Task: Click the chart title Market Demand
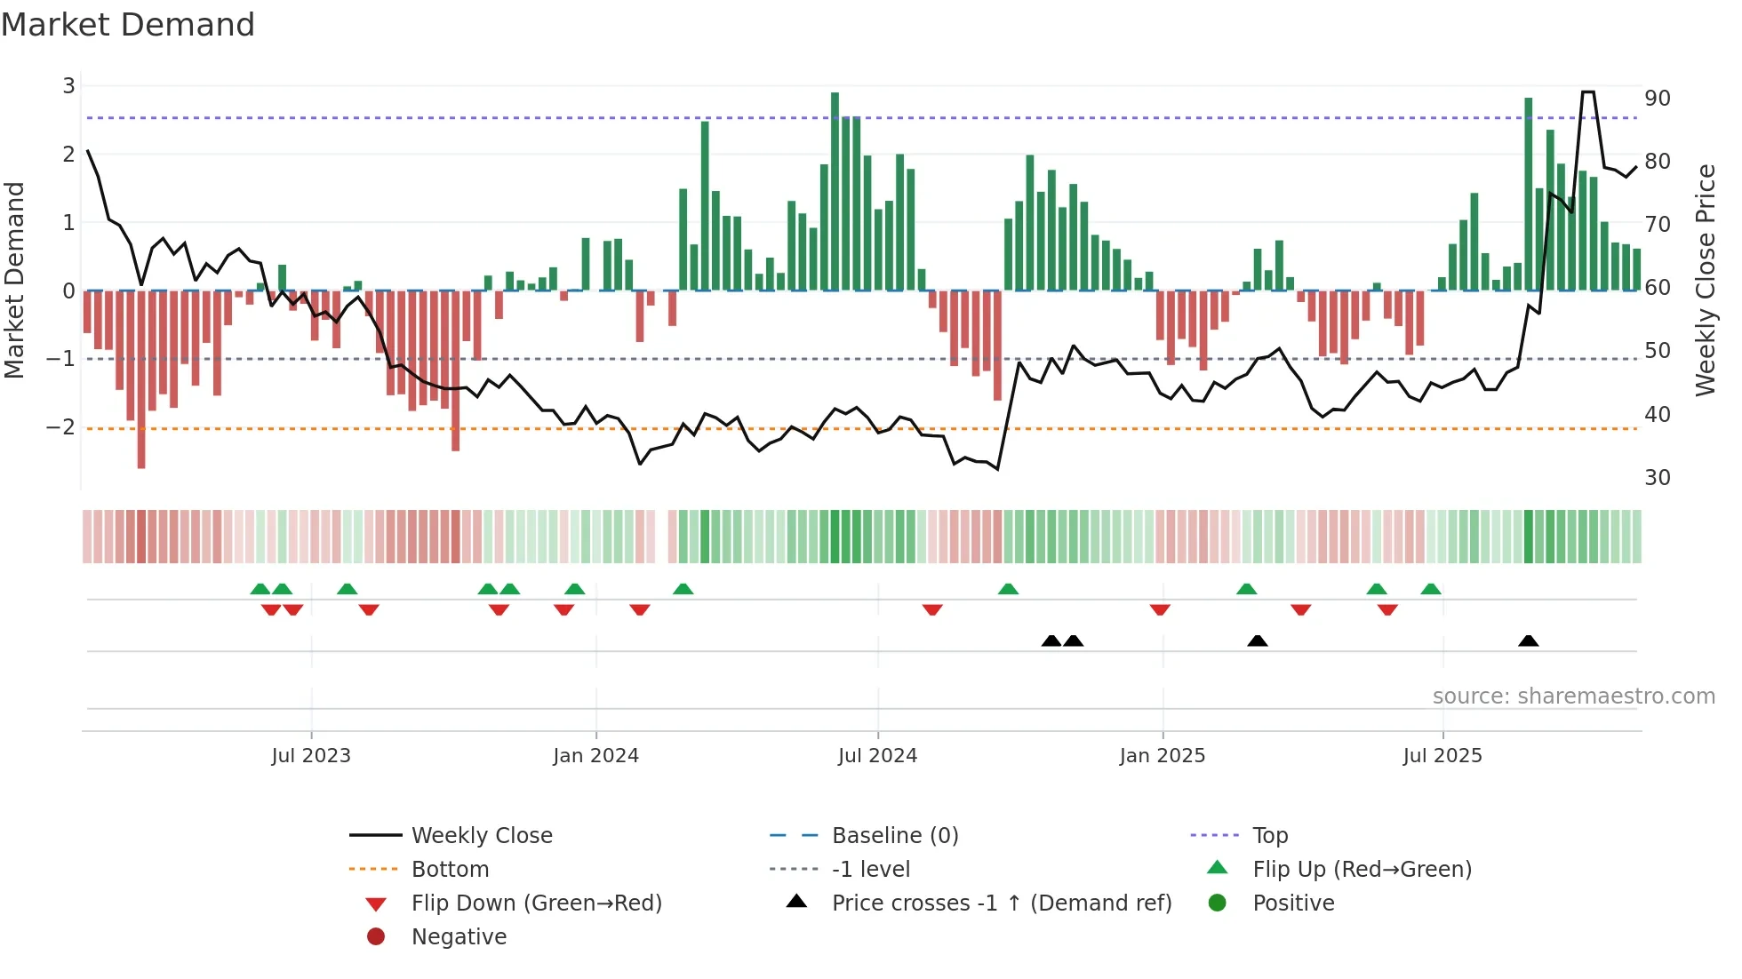click(x=128, y=25)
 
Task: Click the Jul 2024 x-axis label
click(x=877, y=756)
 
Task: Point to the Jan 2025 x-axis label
click(x=1162, y=756)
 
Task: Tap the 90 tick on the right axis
click(x=1657, y=99)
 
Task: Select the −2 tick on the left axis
click(x=60, y=427)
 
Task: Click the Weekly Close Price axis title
click(x=1705, y=280)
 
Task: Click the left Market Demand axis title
click(x=14, y=280)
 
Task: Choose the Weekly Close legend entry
click(x=481, y=836)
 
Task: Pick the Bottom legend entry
click(x=450, y=870)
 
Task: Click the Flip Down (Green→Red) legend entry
click(x=536, y=903)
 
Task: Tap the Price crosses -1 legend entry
click(x=1001, y=903)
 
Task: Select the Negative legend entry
click(x=459, y=937)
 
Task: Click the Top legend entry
click(x=1270, y=836)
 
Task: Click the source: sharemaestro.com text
click(x=1573, y=696)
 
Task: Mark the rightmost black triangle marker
click(x=1528, y=641)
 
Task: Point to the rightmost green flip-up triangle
click(x=1430, y=589)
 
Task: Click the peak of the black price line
click(x=1587, y=92)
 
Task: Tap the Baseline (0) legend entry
click(x=894, y=836)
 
